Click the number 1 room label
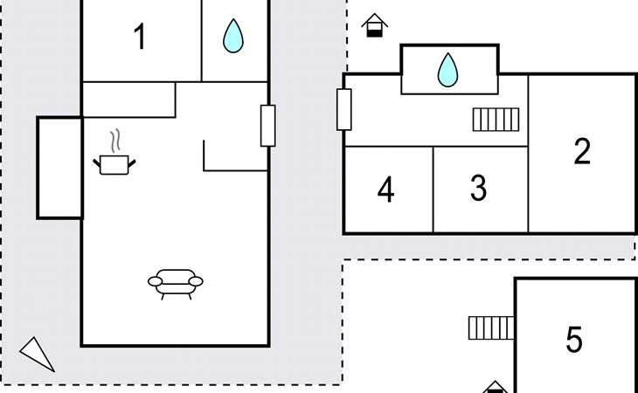[140, 37]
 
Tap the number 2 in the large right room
[582, 151]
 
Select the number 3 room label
[479, 188]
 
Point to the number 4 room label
[385, 190]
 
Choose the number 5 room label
[573, 340]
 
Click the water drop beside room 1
[233, 36]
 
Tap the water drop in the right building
[447, 70]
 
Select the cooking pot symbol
[114, 165]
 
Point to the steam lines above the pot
[115, 141]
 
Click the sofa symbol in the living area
[176, 284]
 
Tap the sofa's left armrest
[155, 281]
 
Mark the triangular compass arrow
[38, 355]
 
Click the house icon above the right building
[374, 25]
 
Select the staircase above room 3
[496, 120]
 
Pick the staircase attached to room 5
[491, 328]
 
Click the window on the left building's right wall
[267, 126]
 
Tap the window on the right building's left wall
[343, 110]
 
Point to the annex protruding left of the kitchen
[59, 168]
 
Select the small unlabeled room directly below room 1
[129, 100]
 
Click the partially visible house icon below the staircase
[495, 387]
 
